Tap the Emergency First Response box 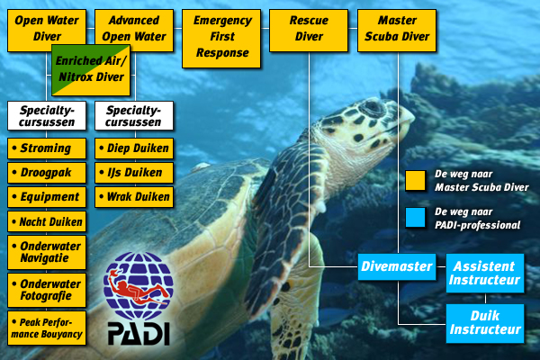click(221, 39)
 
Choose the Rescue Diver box click(309, 31)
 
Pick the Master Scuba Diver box click(397, 31)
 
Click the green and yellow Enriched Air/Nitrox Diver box click(91, 70)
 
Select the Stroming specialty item click(47, 148)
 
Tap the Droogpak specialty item click(47, 173)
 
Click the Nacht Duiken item click(47, 221)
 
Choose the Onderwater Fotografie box click(47, 290)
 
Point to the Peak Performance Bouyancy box click(47, 328)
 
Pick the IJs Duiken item click(134, 173)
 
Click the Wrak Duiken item click(134, 197)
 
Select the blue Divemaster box click(397, 267)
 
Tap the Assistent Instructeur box click(485, 274)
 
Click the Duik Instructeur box click(485, 323)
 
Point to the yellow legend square click(415, 180)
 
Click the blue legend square click(415, 218)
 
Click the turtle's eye click(372, 107)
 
